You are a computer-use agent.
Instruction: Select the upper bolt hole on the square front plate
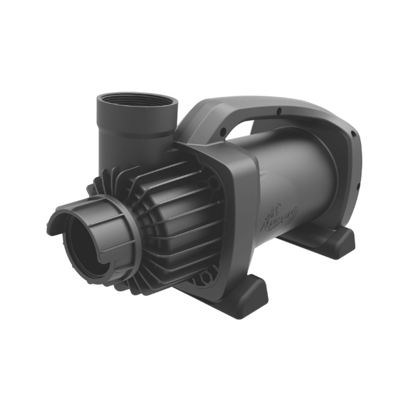[x=215, y=183]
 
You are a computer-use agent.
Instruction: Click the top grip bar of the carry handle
[x=271, y=109]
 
